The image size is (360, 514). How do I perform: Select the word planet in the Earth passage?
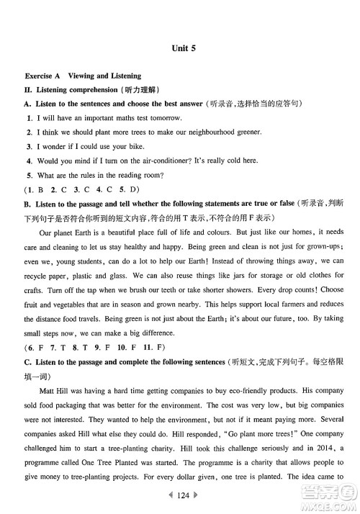click(69, 233)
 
